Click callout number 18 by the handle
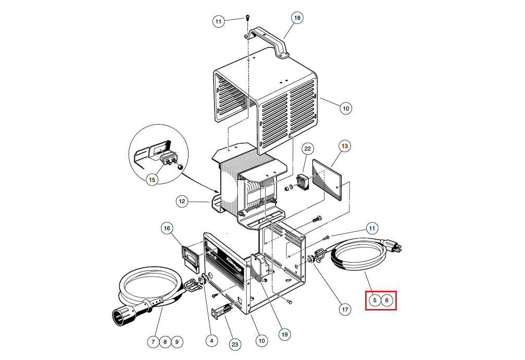click(297, 18)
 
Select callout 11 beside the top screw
click(219, 21)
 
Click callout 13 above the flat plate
click(344, 146)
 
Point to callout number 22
click(307, 149)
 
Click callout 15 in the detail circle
click(152, 180)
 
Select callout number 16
click(167, 228)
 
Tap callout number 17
click(345, 309)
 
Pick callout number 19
click(284, 334)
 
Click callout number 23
click(235, 344)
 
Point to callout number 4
click(211, 341)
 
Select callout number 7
click(153, 342)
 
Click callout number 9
click(177, 342)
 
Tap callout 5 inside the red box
click(374, 300)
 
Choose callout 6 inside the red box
click(387, 300)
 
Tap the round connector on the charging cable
click(121, 314)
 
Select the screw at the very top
click(248, 19)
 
